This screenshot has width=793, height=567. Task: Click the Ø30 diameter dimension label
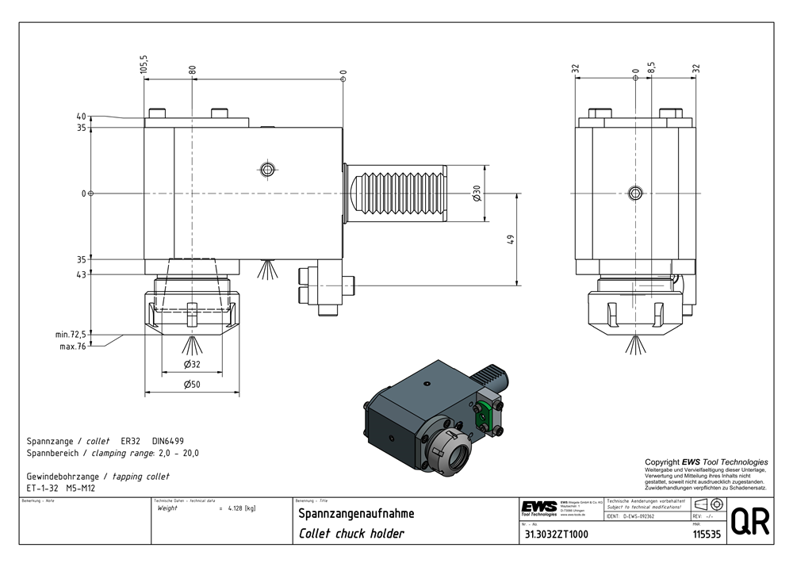tap(477, 193)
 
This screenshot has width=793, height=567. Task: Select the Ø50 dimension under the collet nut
tap(191, 385)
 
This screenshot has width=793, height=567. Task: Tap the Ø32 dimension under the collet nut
tap(191, 364)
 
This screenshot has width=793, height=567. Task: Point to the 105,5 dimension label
tap(144, 64)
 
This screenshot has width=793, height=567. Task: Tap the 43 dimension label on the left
tap(81, 274)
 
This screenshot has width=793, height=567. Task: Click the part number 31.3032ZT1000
tap(555, 534)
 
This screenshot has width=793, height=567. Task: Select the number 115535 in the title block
tap(706, 534)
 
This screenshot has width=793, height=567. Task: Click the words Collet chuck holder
tap(351, 534)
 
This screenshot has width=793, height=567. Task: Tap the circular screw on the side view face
tap(634, 193)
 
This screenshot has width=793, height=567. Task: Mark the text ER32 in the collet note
tap(130, 441)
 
